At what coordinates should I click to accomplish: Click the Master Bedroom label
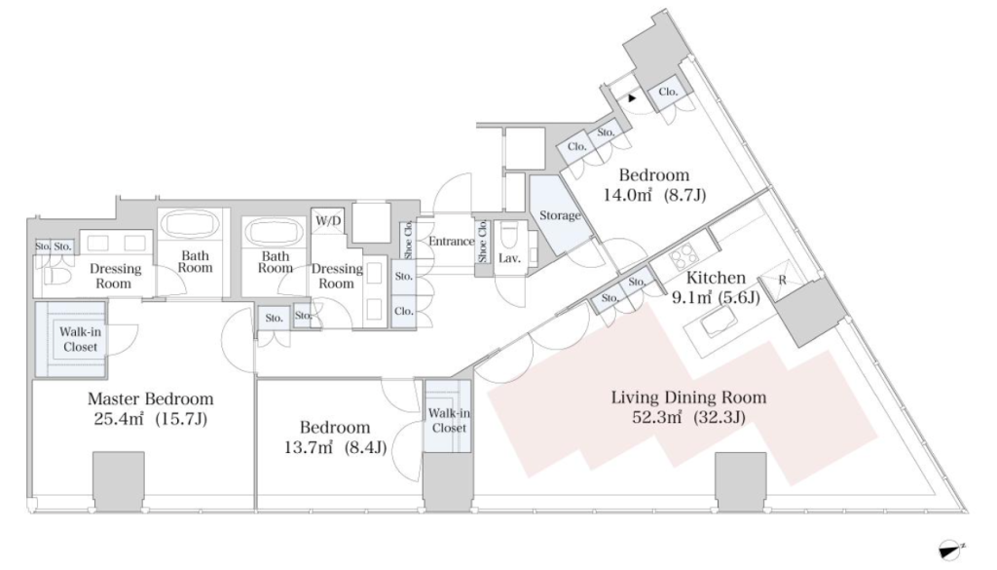pos(150,399)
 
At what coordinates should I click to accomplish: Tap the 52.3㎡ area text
pos(657,417)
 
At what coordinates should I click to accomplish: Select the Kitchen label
pos(716,278)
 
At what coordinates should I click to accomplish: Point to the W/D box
pos(327,222)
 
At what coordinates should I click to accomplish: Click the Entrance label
pos(451,241)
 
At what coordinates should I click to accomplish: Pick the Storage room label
pos(560,215)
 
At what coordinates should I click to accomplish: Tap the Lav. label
pos(510,258)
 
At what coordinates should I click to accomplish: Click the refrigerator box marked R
pos(783,280)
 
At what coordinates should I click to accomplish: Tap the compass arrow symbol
pos(952,549)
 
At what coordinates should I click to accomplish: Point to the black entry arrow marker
pos(632,98)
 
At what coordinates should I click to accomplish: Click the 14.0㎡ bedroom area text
pos(629,195)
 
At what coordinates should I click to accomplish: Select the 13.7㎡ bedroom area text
pos(309,447)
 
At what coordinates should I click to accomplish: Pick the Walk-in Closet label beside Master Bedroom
pos(80,339)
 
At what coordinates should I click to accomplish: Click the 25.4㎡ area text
pos(118,419)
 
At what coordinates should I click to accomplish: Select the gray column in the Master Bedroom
pos(119,480)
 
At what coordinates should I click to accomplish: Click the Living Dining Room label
pos(688,398)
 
